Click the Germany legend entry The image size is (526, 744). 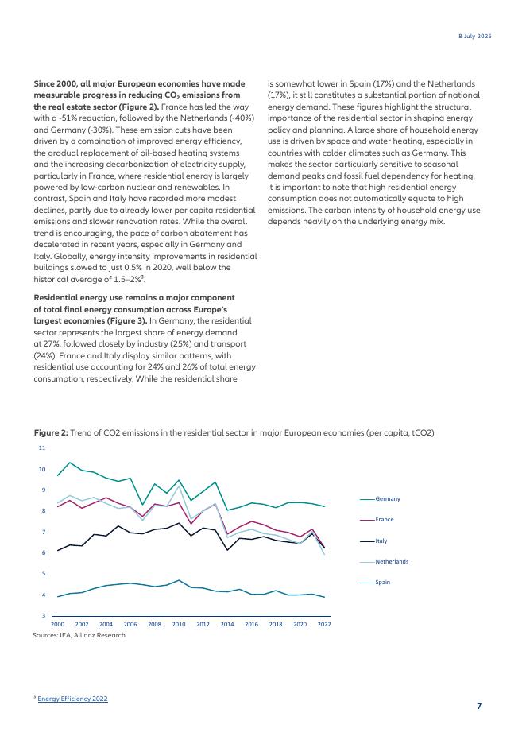(x=387, y=498)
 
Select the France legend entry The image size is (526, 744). (x=385, y=519)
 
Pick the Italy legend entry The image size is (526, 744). (x=381, y=541)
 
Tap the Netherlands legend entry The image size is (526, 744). (x=391, y=561)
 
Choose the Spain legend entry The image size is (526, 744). (x=383, y=583)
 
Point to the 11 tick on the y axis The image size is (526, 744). (x=41, y=448)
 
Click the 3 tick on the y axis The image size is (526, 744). (x=43, y=616)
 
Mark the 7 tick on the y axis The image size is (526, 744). (x=43, y=532)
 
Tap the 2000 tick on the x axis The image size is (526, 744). (x=57, y=625)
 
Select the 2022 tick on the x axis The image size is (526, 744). (x=324, y=625)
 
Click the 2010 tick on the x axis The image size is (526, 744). (x=179, y=625)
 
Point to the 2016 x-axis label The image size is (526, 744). (x=251, y=625)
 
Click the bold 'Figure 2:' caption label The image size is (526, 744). (x=50, y=432)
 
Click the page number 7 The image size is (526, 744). (x=479, y=706)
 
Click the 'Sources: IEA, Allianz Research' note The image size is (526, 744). (x=79, y=635)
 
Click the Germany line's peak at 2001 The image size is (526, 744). (x=70, y=463)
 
